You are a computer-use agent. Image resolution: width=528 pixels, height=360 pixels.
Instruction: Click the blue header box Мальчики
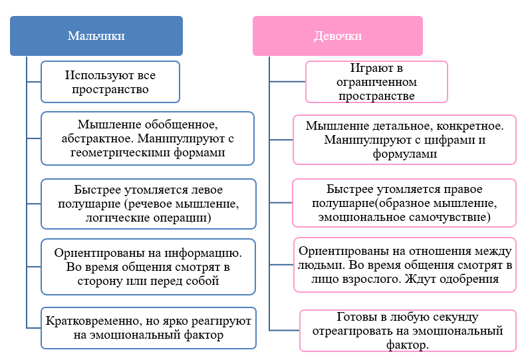point(96,36)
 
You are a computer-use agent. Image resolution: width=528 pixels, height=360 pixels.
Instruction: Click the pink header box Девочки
point(338,36)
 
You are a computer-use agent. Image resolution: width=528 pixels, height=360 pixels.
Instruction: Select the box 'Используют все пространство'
point(110,82)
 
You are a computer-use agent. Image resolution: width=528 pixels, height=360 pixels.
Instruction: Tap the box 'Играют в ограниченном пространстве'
point(376,82)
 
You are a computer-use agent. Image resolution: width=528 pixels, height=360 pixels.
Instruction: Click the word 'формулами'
point(405,154)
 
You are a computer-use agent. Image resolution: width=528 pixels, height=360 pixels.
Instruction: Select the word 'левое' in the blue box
point(207,190)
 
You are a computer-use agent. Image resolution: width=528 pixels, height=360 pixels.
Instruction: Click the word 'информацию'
point(203,253)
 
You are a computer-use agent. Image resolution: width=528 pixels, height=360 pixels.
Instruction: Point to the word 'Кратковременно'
point(92,321)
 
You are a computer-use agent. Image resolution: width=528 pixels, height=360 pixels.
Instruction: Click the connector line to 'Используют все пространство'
point(34,82)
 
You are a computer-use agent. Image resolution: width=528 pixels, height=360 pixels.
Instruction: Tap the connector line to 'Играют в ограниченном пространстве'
point(287,82)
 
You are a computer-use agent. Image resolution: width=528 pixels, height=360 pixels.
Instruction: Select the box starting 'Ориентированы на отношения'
point(405,265)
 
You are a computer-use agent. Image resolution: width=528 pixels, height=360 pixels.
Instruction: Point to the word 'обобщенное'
point(180,124)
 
